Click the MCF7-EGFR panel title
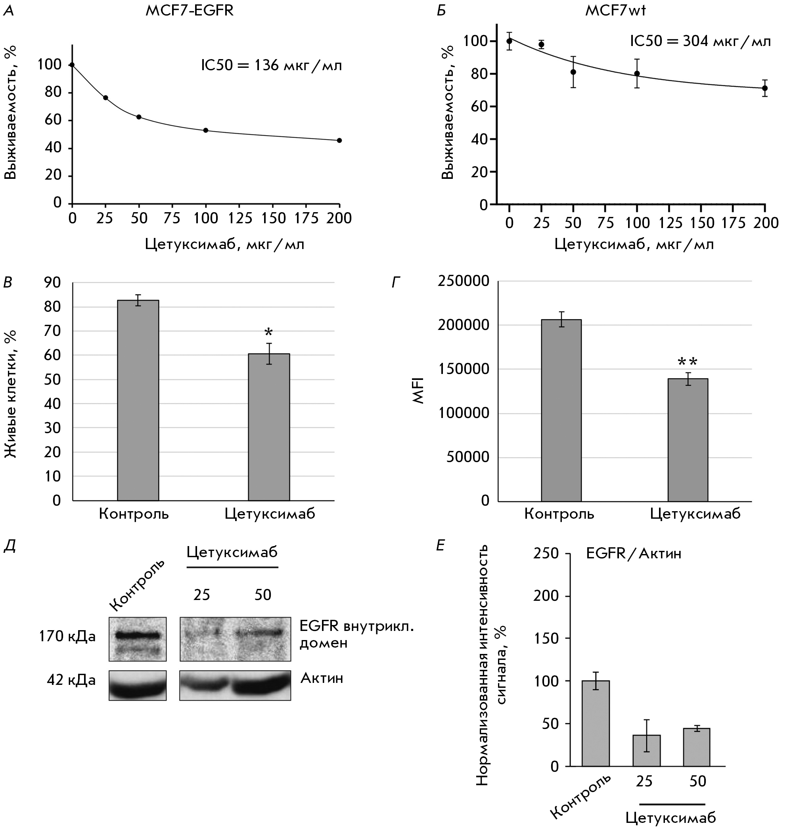(190, 11)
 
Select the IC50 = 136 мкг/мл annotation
(271, 66)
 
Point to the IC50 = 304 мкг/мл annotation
(700, 42)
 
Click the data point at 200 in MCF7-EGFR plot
(339, 140)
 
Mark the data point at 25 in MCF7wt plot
(541, 44)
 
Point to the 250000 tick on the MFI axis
(464, 282)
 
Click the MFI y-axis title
(419, 390)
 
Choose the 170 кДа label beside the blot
(67, 636)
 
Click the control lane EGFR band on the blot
(137, 635)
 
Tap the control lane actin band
(137, 686)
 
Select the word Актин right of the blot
(322, 679)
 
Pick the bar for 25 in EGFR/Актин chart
(646, 750)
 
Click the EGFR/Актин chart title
(634, 554)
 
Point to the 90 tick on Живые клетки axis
(53, 283)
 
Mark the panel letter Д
(10, 546)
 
